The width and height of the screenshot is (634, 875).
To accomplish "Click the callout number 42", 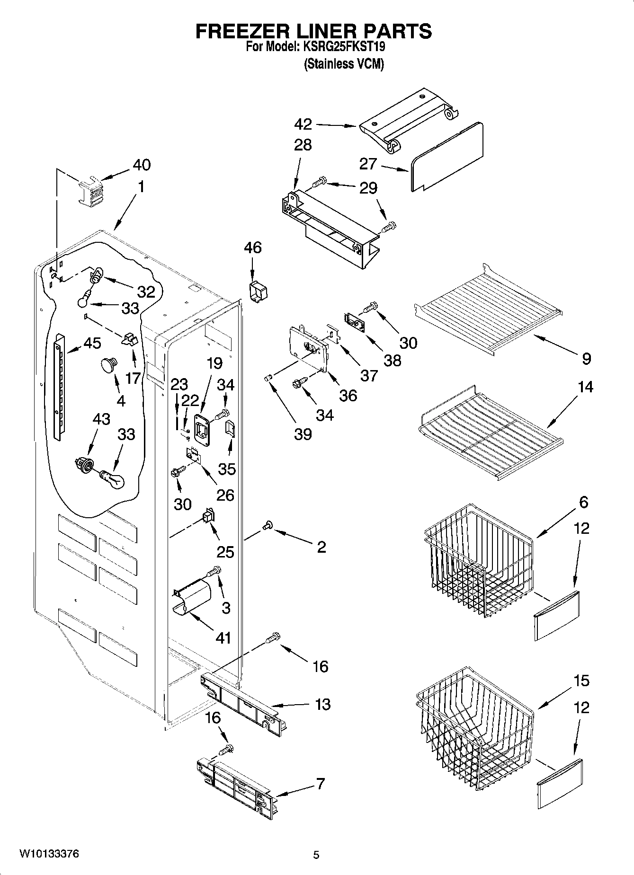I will tap(303, 124).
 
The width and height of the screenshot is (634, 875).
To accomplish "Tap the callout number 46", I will tap(253, 247).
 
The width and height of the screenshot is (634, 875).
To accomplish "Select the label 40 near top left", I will tap(142, 165).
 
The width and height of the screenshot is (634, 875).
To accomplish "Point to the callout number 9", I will tap(586, 359).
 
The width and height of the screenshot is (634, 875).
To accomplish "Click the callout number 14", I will tap(585, 387).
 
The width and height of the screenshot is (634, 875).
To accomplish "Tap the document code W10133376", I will tap(49, 854).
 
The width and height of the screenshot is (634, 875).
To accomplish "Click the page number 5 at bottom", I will tap(316, 855).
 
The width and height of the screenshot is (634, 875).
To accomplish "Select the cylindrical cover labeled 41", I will tap(192, 600).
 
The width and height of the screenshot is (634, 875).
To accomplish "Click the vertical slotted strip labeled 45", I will tap(59, 386).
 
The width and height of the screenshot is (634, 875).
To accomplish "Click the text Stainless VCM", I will tap(343, 64).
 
